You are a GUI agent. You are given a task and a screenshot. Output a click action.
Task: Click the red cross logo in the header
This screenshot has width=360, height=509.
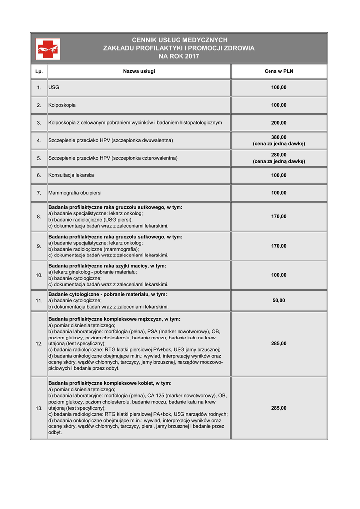tap(48, 49)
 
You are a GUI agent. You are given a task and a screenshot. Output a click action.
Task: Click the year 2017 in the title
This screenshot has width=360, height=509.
tap(191, 56)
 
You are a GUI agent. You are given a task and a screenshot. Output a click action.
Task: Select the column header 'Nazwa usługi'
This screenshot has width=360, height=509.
tap(139, 71)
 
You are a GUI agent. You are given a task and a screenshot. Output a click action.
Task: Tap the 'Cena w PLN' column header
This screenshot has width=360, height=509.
tap(278, 71)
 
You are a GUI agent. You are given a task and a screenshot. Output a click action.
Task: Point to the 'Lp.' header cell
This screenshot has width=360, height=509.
tap(39, 72)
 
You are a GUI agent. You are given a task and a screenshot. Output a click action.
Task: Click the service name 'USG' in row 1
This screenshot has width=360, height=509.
tap(54, 88)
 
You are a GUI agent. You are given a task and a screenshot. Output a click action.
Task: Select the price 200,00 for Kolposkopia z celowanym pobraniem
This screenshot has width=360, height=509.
tap(278, 123)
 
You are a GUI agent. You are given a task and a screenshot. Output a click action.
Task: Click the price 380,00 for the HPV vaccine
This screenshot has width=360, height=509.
tap(278, 137)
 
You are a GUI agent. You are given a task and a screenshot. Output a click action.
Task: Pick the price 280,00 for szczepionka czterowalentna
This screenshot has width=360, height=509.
tap(278, 155)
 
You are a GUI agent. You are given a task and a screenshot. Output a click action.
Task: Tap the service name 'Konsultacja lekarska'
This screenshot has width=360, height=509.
tap(71, 175)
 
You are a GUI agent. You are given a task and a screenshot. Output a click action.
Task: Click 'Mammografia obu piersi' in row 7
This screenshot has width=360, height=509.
tap(75, 193)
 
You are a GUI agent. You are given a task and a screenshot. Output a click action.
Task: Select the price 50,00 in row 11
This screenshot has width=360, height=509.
tap(278, 301)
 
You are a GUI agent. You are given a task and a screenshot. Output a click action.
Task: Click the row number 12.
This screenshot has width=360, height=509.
tap(39, 344)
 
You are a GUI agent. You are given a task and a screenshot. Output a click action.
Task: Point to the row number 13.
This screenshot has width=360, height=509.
tap(39, 408)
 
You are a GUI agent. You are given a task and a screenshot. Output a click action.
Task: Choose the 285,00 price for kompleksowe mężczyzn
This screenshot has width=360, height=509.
tap(278, 344)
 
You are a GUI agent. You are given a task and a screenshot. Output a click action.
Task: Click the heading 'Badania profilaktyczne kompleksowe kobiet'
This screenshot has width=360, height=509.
tap(110, 383)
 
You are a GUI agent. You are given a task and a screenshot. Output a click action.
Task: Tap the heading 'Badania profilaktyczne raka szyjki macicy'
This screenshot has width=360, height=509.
tap(107, 266)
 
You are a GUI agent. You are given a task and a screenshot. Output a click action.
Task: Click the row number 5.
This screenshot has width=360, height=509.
tap(39, 158)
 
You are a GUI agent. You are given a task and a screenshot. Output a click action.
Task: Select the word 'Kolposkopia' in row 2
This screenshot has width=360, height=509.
tap(62, 105)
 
